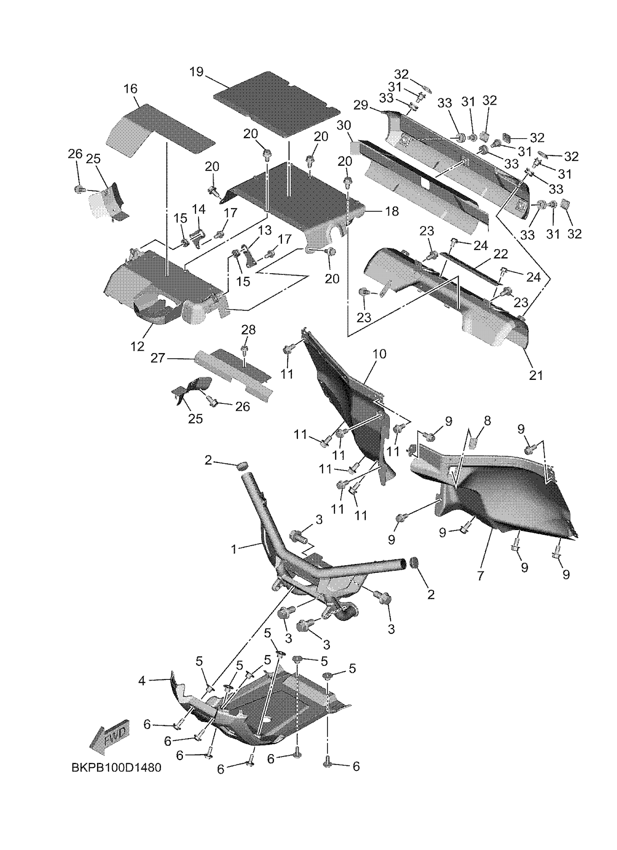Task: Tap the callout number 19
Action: [196, 71]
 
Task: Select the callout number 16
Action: [131, 89]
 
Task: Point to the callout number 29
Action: [361, 105]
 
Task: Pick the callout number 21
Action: [535, 374]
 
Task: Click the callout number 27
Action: [158, 358]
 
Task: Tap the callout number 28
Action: [249, 330]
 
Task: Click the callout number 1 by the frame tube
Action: [234, 549]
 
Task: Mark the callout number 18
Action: [392, 212]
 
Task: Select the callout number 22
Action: [500, 254]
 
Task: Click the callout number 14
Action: [199, 209]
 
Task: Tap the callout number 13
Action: [265, 230]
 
